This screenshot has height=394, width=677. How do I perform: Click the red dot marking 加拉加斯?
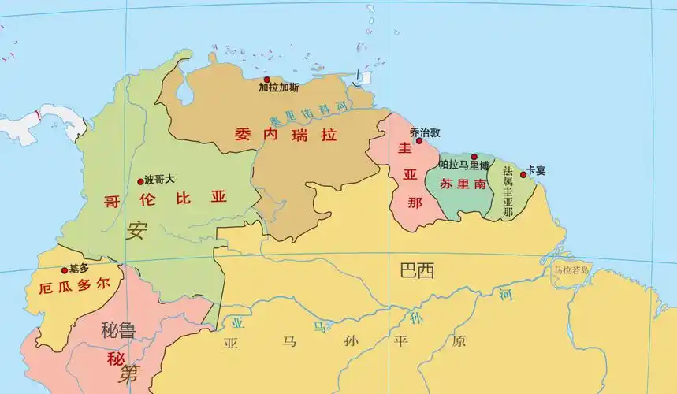coord(266,80)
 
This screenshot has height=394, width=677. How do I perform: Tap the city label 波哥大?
coord(159,180)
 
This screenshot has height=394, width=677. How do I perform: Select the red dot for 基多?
coord(65,270)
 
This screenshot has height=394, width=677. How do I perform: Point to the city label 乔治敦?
coord(426,132)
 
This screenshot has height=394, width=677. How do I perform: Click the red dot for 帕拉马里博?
coord(474,157)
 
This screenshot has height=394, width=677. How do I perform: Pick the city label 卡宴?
coord(536,170)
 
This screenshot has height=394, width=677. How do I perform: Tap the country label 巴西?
coord(417,272)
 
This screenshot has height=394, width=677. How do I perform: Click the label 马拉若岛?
coord(571,270)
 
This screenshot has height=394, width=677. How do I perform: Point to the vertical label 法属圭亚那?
coord(508,191)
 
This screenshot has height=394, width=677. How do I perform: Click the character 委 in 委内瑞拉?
coord(242,135)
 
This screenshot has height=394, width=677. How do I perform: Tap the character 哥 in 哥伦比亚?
coord(112,200)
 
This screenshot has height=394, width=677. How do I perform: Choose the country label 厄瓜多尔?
coord(73,287)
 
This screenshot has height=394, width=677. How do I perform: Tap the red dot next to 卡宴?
coord(523,174)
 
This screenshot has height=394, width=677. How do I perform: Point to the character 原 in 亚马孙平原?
coord(459,342)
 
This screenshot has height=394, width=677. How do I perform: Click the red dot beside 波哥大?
coord(141,180)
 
